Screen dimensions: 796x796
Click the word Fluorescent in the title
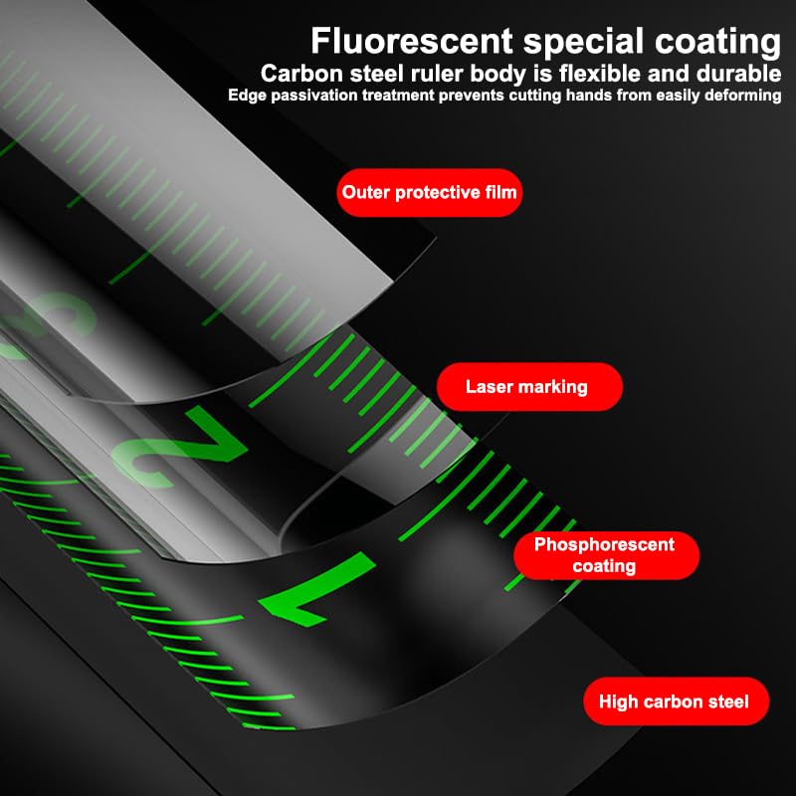pos(412,41)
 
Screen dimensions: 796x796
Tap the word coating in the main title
pos(717,43)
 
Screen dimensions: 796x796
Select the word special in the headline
pos(583,43)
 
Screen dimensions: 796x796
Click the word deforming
pos(742,96)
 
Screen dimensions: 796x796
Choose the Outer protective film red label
pos(430,193)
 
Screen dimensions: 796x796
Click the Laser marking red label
pos(529,387)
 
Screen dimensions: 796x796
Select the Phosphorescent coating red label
pos(606,555)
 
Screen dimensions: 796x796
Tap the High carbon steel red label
pos(677,701)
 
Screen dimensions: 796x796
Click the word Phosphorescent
pos(604,544)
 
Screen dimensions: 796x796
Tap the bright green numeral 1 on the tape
pos(317,589)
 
